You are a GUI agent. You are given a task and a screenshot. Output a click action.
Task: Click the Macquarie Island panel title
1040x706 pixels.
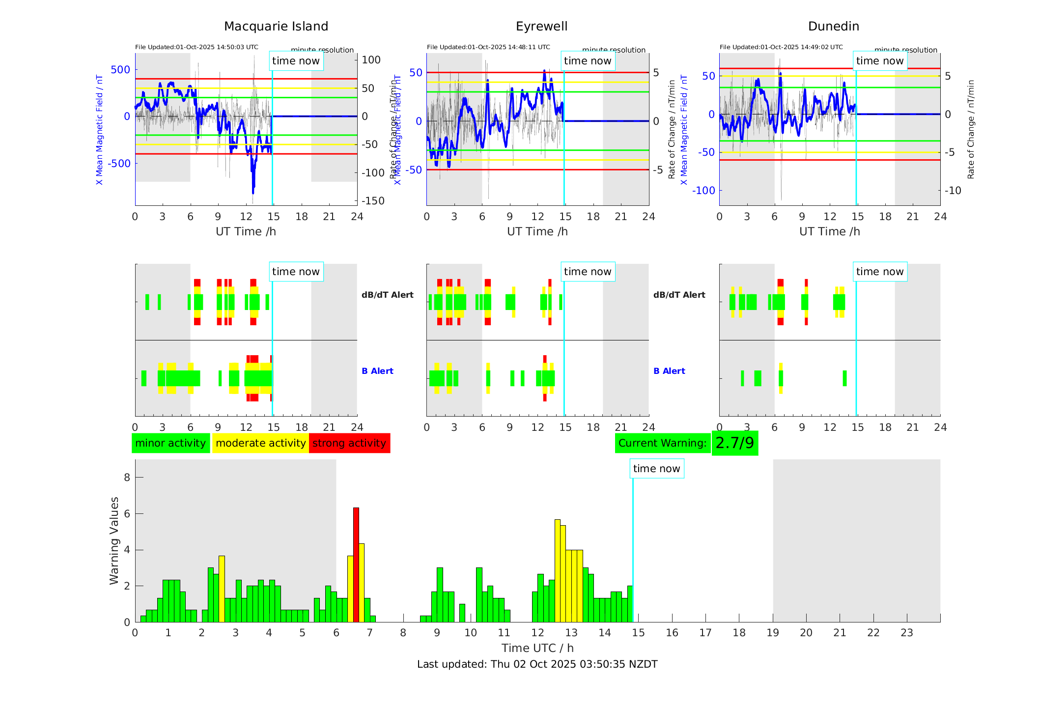[276, 27]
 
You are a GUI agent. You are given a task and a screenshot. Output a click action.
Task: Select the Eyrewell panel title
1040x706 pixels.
[541, 27]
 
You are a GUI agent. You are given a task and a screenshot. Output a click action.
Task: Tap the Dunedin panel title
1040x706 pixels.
[833, 27]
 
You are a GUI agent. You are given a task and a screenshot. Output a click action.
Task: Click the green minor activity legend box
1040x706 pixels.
[170, 443]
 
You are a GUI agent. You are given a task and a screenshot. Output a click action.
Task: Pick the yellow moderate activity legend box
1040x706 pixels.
[260, 443]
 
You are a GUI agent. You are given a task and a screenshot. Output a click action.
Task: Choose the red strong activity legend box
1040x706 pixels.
[349, 443]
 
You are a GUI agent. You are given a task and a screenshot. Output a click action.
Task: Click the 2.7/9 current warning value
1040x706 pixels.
[734, 443]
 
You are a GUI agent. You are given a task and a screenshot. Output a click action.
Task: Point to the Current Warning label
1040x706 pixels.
[662, 443]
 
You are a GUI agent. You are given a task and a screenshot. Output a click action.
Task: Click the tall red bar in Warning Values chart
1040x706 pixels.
[356, 565]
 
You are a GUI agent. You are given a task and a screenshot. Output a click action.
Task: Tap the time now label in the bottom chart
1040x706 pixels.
[656, 469]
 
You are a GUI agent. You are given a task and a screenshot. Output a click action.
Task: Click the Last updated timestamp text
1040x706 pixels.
[537, 664]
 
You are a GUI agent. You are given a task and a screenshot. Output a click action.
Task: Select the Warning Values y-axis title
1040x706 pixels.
[114, 540]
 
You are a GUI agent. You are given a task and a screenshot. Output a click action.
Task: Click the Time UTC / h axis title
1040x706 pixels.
[537, 648]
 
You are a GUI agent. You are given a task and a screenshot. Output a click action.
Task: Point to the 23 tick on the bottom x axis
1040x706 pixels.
[906, 633]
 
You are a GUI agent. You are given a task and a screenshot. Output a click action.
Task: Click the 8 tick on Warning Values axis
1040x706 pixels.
[127, 478]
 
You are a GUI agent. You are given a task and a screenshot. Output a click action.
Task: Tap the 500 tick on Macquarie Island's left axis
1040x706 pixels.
[120, 70]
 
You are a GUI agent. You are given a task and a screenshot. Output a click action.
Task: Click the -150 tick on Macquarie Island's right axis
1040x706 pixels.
[373, 201]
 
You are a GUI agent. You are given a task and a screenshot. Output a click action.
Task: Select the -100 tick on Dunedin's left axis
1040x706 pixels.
[703, 191]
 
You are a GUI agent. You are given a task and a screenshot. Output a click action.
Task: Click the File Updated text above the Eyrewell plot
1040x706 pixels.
[488, 47]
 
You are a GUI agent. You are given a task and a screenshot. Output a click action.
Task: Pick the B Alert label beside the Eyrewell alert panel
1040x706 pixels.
[669, 371]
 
